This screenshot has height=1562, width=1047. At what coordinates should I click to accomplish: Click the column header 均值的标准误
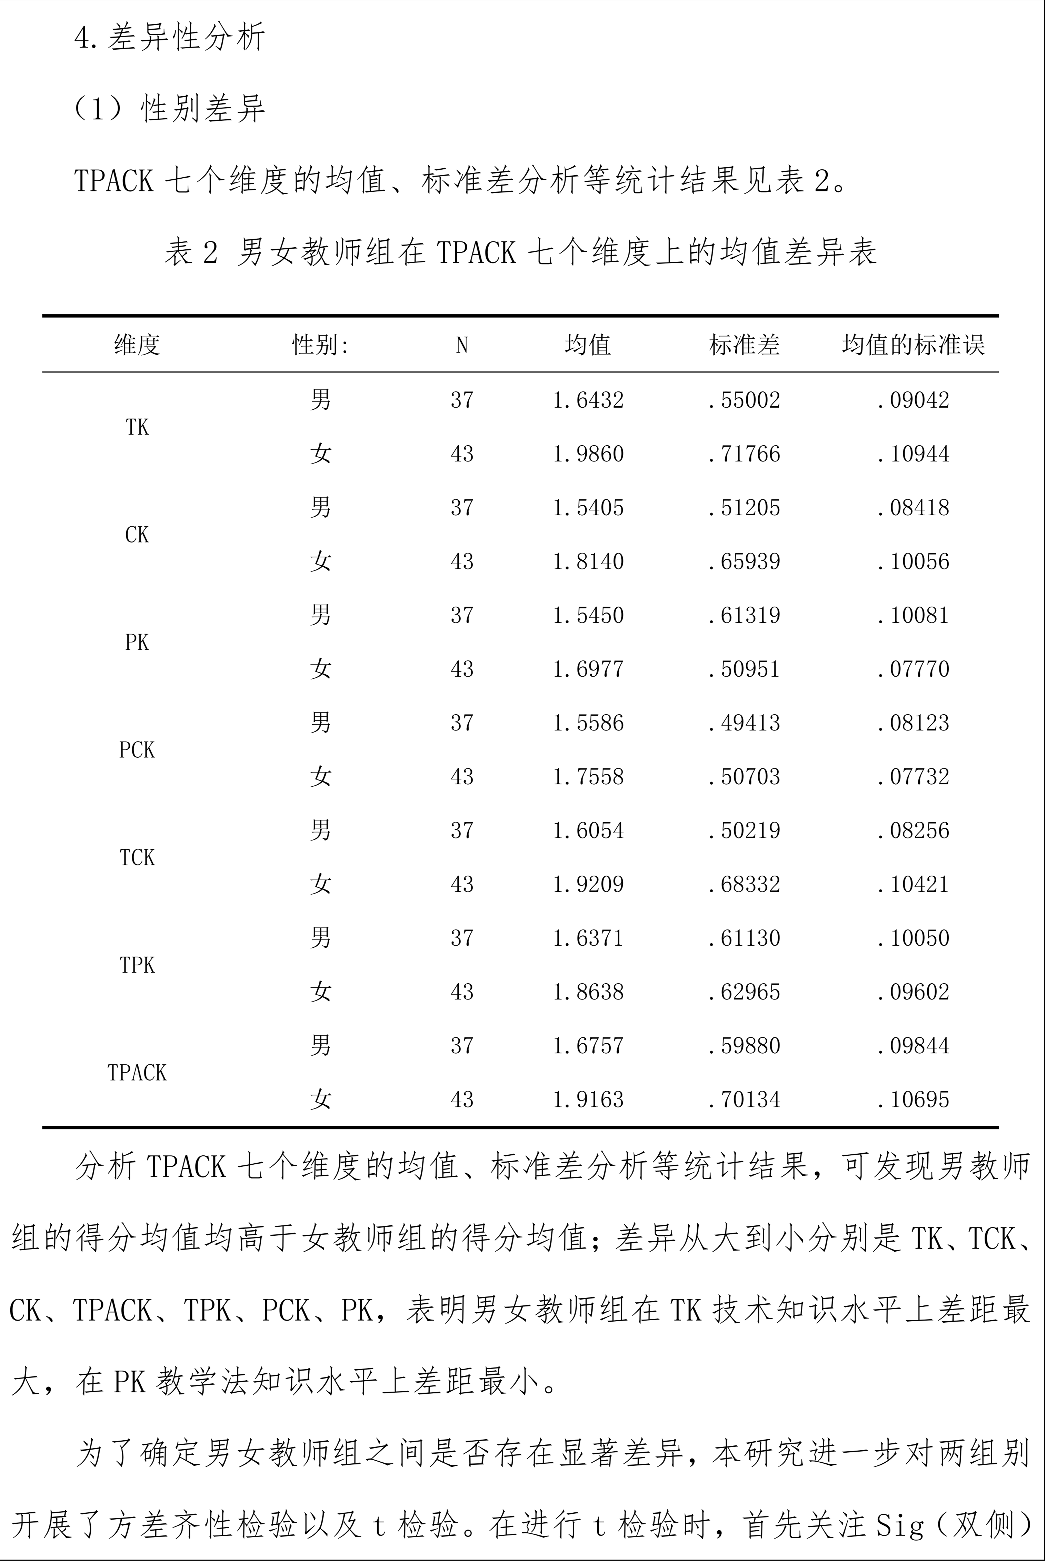point(913,345)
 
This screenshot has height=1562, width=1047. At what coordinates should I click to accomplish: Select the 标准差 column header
point(744,345)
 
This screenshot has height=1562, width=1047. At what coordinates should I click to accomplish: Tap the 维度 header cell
point(137,345)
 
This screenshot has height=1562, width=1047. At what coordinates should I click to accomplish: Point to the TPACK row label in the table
point(137,1073)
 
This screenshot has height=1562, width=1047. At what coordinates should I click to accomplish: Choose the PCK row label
point(137,750)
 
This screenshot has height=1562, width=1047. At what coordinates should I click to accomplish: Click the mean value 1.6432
point(588,400)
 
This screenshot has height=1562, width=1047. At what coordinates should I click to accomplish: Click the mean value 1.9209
point(588,884)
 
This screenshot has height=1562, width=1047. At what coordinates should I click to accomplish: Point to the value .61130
point(744,938)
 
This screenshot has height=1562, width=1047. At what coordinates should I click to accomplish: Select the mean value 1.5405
point(588,508)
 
